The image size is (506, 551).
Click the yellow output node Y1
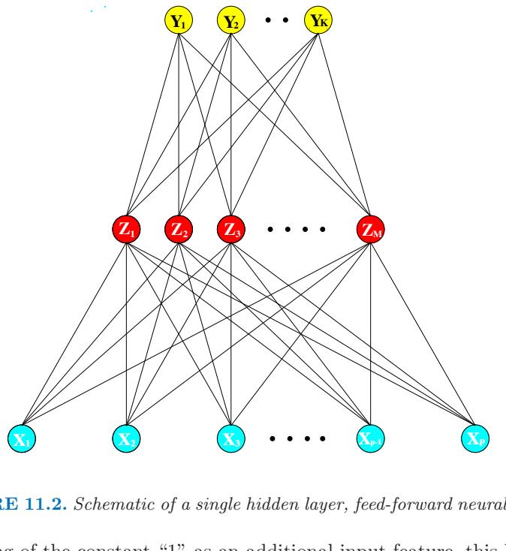tap(179, 22)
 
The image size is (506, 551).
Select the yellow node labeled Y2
tap(230, 22)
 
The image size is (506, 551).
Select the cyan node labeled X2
tap(127, 437)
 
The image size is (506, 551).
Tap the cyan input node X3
tap(231, 437)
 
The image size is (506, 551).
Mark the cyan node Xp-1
tap(371, 437)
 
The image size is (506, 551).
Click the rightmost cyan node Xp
tap(475, 437)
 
